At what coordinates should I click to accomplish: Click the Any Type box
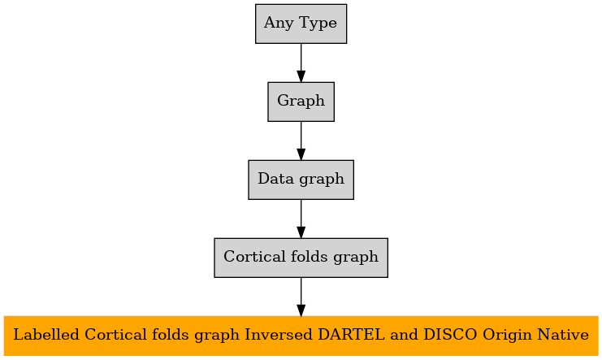coord(301,24)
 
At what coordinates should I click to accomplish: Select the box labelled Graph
coord(301,102)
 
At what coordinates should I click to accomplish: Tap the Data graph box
coord(301,180)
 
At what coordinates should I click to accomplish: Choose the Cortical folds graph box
coord(301,258)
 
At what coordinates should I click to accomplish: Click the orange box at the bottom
coord(301,336)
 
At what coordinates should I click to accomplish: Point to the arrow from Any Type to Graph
coord(301,63)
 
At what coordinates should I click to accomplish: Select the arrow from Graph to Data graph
coord(301,141)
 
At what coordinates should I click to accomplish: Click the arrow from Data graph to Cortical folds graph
coord(301,219)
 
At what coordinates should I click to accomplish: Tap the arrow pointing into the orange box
coord(301,297)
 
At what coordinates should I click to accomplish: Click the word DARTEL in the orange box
coord(351,335)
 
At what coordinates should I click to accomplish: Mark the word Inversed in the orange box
coord(279,335)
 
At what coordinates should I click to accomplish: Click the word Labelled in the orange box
coord(46,335)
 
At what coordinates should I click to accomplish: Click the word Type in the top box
coord(318,24)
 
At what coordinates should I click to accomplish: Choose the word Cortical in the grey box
coord(254,257)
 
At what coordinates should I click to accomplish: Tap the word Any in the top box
coord(279,24)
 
